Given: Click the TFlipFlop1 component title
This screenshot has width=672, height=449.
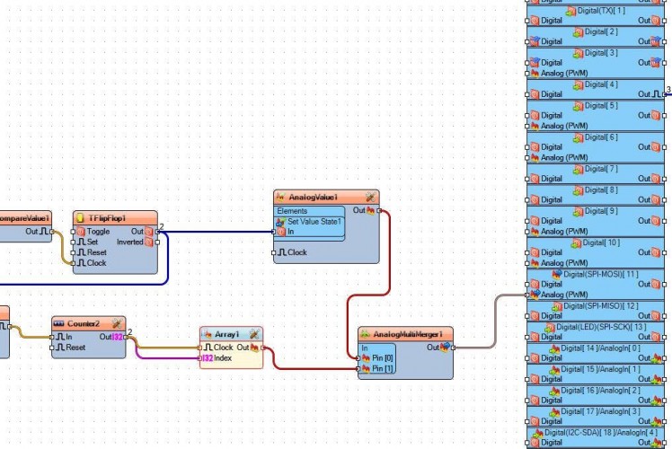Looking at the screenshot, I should [107, 218].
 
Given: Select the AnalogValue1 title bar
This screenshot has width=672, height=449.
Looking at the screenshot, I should [313, 197].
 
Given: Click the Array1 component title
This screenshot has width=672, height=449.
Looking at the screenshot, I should [225, 334].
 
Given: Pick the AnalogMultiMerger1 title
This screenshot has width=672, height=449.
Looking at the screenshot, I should [401, 334].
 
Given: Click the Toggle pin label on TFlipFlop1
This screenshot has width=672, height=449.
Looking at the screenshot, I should [98, 232].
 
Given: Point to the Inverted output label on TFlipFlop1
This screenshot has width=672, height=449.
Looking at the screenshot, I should [129, 242].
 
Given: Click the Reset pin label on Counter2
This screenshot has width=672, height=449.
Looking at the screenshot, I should [75, 347].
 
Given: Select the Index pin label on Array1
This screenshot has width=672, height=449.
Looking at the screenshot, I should [223, 358].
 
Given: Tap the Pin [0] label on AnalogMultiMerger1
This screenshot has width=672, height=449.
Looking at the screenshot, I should [383, 358].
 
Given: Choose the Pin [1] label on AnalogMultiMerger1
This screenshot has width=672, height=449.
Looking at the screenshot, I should [383, 368].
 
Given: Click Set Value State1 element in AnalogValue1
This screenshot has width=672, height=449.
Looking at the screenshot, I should [314, 221].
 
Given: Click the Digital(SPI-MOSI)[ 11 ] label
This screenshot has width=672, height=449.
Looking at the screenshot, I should [600, 274].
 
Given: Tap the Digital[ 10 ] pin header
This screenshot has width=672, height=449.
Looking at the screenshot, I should [601, 242].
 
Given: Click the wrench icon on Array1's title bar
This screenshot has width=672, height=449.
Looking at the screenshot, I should [254, 334].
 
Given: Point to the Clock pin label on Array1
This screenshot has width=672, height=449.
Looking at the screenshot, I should [224, 348].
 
